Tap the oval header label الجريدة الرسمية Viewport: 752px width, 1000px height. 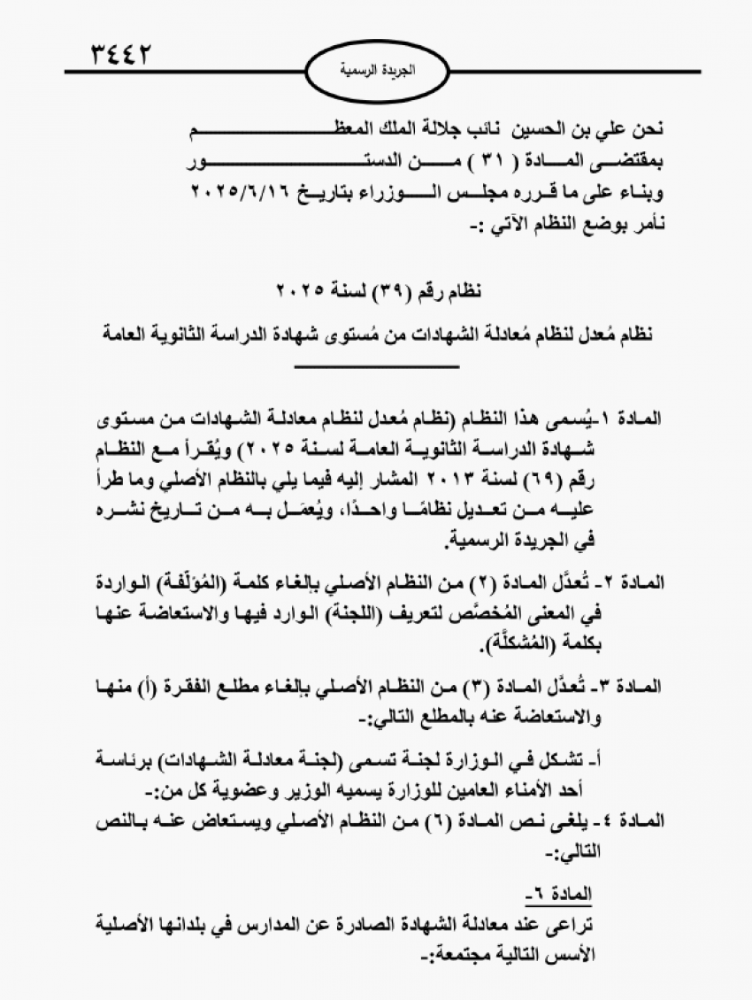(375, 69)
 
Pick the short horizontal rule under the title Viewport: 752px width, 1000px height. (377, 365)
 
